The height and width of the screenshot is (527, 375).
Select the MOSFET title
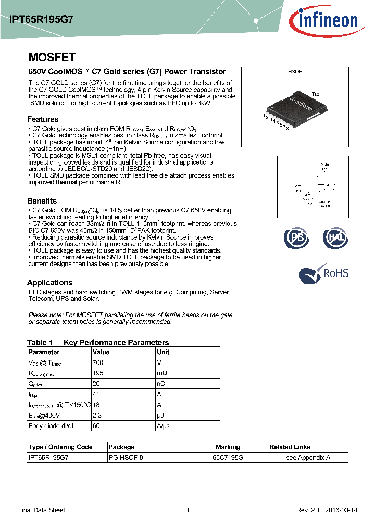[x=52, y=58]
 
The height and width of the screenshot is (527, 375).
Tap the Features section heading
[x=43, y=119]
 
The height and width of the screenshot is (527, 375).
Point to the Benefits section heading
[x=42, y=201]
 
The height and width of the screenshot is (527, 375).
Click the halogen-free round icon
[x=334, y=238]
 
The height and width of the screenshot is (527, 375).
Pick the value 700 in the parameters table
[x=98, y=362]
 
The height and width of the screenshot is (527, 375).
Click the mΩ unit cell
[x=162, y=373]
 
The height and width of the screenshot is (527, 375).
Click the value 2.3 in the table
[x=96, y=415]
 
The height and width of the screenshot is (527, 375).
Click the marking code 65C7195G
[x=228, y=458]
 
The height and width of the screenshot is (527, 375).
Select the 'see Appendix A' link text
[x=308, y=458]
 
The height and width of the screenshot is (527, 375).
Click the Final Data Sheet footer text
[x=42, y=510]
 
